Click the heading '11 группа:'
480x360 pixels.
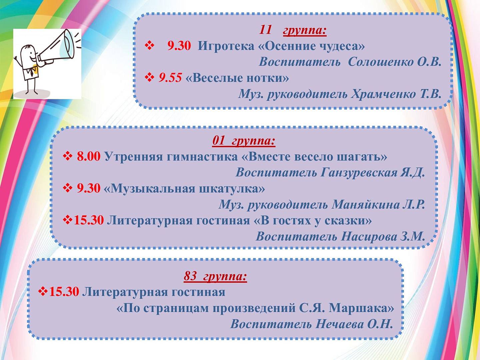pyautogui.click(x=293, y=30)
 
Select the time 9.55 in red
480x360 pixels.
pyautogui.click(x=170, y=78)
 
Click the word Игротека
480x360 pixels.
pyautogui.click(x=226, y=47)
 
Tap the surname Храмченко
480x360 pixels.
pyautogui.click(x=383, y=94)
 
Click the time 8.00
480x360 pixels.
pyautogui.click(x=89, y=157)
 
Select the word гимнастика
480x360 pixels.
pyautogui.click(x=202, y=157)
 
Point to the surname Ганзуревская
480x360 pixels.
pyautogui.click(x=359, y=172)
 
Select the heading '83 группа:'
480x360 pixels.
pyautogui.click(x=215, y=276)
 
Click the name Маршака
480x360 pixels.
pyautogui.click(x=361, y=308)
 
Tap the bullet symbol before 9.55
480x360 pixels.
pyautogui.click(x=149, y=78)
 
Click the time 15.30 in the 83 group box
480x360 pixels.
pyautogui.click(x=64, y=292)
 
